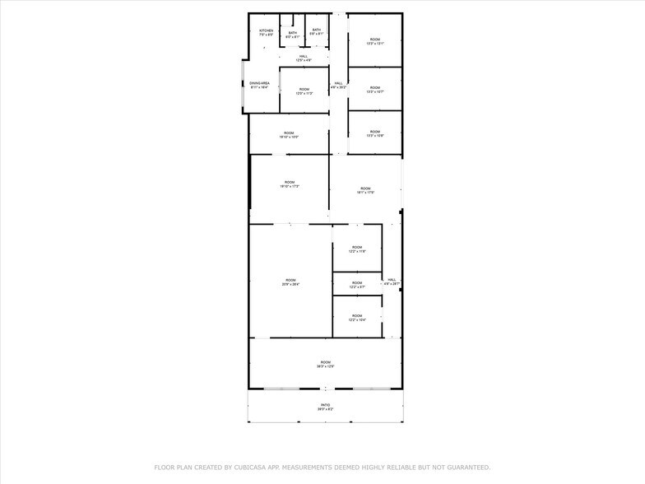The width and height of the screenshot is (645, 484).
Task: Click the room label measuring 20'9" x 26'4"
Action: [290, 282]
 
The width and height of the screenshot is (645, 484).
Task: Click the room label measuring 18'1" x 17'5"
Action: [366, 190]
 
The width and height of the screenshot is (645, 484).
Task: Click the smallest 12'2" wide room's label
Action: [357, 285]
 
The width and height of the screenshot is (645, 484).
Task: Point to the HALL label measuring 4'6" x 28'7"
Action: [392, 282]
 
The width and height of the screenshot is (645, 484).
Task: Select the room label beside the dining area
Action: [304, 91]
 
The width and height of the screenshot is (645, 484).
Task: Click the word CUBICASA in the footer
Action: [251, 467]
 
